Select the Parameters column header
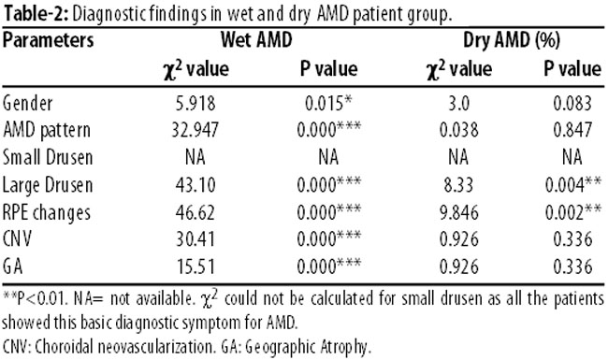48,40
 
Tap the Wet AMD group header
256,40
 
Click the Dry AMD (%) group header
512,40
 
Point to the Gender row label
27,104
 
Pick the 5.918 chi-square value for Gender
195,104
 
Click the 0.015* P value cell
328,104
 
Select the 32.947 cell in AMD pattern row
195,130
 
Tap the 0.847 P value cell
572,130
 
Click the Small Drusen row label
48,157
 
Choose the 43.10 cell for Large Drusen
195,185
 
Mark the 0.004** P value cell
573,185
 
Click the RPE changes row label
47,213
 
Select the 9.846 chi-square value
459,212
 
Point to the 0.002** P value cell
573,212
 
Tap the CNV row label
17,239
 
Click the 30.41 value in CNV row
195,239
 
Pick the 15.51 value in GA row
195,266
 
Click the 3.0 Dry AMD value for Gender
459,104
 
